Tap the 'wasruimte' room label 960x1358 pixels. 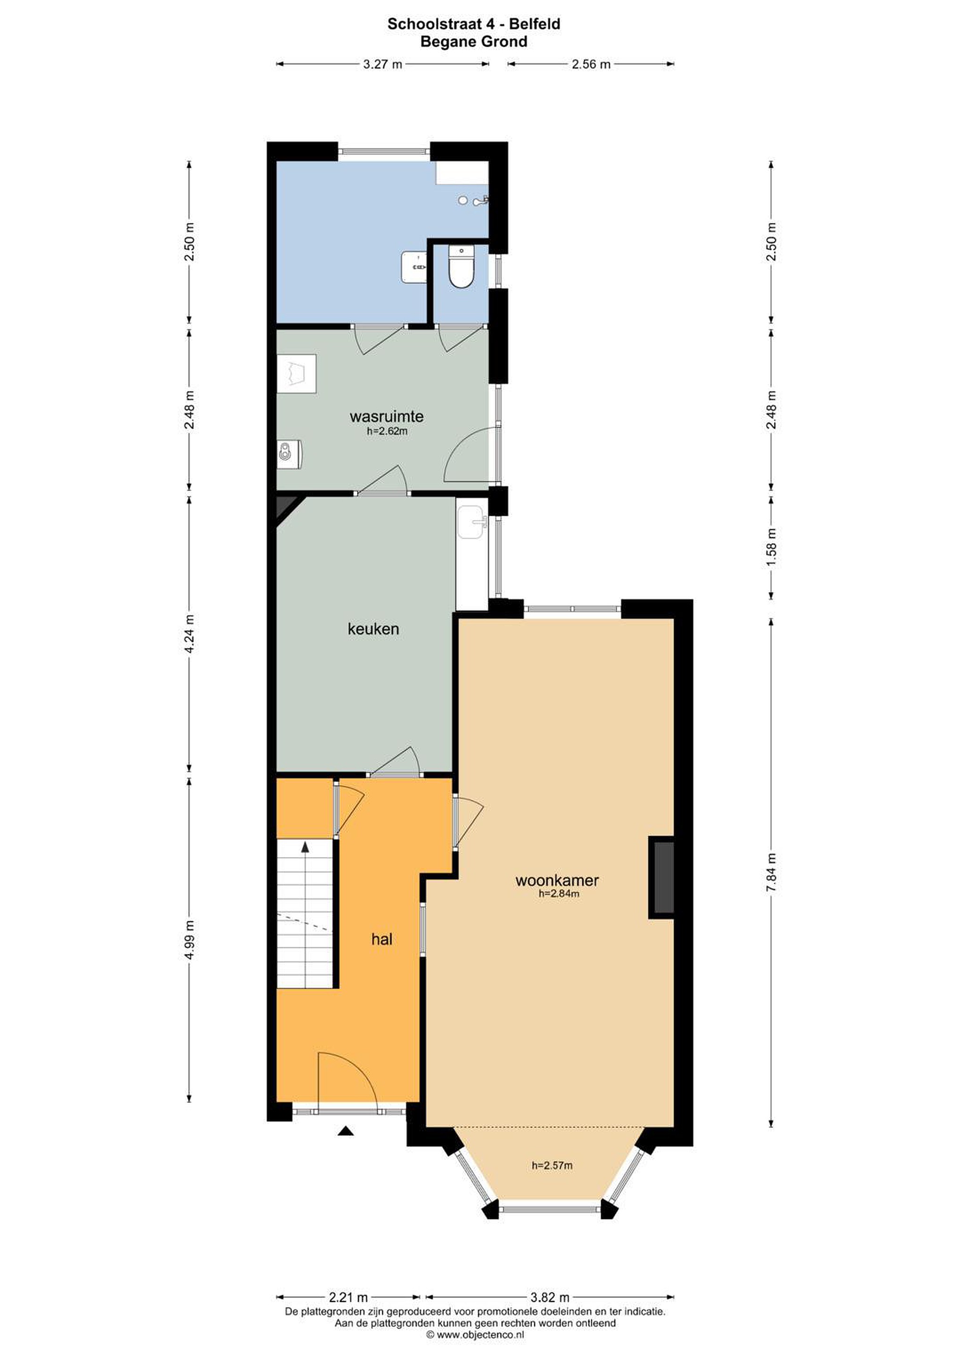[x=386, y=416]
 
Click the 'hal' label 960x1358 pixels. [x=381, y=939]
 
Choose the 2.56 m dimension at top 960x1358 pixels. [x=590, y=64]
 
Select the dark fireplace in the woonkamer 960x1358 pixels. [x=662, y=878]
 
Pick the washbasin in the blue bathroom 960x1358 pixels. [x=414, y=267]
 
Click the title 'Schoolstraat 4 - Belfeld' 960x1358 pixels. [x=474, y=24]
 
